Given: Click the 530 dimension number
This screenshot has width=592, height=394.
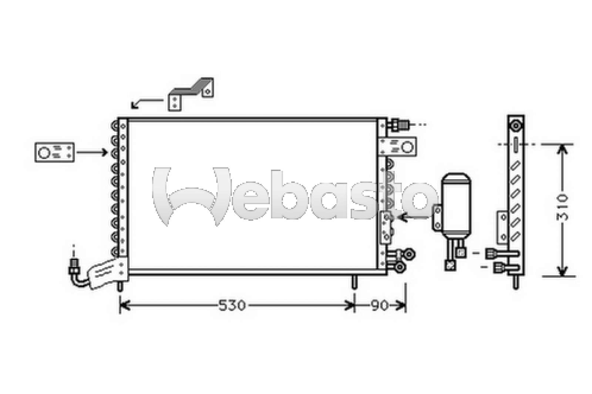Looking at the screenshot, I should pyautogui.click(x=232, y=305).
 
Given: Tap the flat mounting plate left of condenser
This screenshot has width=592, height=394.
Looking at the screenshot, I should pyautogui.click(x=54, y=152).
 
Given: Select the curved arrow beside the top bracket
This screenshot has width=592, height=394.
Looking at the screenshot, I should pyautogui.click(x=146, y=103).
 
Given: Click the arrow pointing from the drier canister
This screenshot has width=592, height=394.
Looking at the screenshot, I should pyautogui.click(x=414, y=218).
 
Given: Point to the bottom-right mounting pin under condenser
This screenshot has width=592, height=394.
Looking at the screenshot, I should pyautogui.click(x=354, y=282).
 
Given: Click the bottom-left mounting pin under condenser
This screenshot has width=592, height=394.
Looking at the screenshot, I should pyautogui.click(x=120, y=285).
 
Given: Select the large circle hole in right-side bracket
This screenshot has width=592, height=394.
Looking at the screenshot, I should pyautogui.click(x=407, y=147).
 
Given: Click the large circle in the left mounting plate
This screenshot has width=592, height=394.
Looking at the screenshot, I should pyautogui.click(x=44, y=152).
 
